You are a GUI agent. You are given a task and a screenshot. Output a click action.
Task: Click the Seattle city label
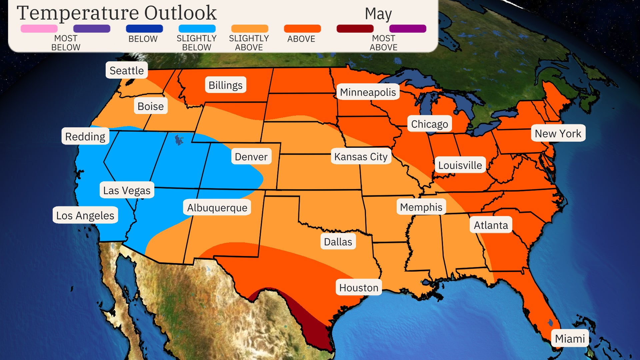(x=127, y=70)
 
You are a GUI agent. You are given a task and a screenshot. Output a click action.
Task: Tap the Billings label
(x=225, y=85)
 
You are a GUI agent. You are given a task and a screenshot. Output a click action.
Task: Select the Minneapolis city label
(x=368, y=92)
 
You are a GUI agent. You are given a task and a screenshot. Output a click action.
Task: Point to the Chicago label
(x=429, y=124)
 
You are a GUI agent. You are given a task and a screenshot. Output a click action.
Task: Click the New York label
(x=558, y=133)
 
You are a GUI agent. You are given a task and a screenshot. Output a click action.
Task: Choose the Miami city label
(x=570, y=338)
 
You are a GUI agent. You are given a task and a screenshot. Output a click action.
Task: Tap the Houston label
(x=359, y=287)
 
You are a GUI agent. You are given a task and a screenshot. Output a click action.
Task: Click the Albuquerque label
(x=217, y=207)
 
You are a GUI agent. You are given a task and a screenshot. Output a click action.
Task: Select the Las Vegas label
(x=127, y=190)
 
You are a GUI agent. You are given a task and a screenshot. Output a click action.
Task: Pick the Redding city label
(x=85, y=136)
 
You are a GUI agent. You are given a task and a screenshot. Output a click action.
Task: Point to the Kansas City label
(x=361, y=156)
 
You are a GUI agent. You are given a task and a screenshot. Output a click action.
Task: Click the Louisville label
(x=460, y=165)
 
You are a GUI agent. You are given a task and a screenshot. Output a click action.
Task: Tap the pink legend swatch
(x=39, y=29)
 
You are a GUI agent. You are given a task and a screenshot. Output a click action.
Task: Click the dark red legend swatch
(x=355, y=29)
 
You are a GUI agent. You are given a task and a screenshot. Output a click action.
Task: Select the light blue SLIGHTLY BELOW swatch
(x=197, y=29)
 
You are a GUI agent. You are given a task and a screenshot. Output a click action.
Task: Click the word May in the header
(x=378, y=14)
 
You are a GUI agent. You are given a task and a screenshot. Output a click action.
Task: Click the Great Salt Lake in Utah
(x=179, y=139)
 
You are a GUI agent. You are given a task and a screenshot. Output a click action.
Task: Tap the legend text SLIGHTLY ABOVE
(x=249, y=43)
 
